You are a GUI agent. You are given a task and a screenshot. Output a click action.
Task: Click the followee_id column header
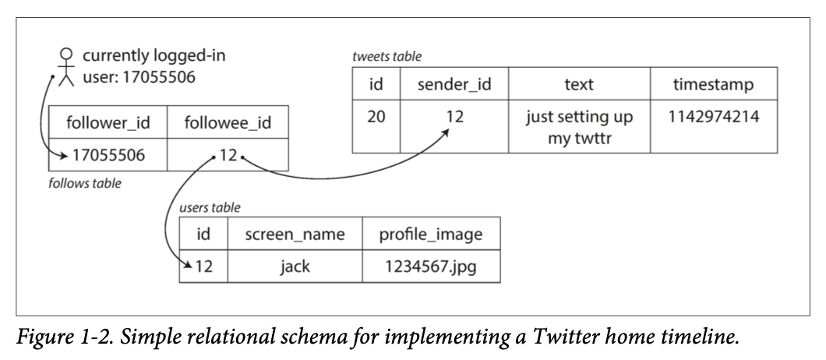(x=228, y=124)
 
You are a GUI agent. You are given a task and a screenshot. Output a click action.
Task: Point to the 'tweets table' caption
(x=387, y=57)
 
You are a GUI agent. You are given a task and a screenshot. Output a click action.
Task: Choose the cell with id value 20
(x=376, y=118)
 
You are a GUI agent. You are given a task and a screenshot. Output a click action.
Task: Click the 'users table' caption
(x=210, y=208)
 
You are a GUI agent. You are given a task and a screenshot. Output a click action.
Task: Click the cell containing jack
(x=294, y=266)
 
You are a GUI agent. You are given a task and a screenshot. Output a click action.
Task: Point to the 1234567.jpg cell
(x=430, y=266)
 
